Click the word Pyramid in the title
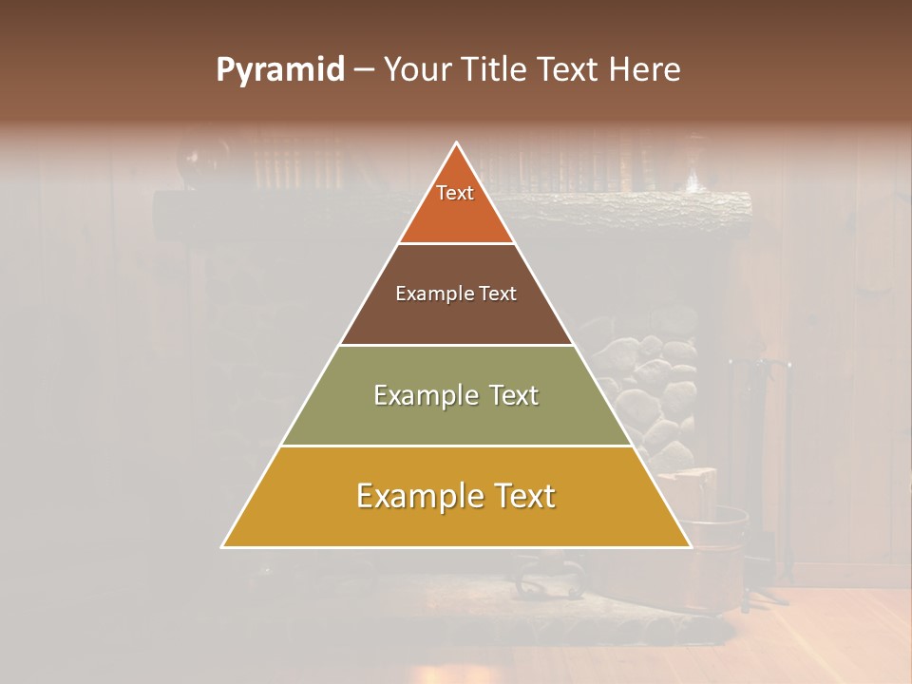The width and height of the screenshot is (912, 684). pos(279,70)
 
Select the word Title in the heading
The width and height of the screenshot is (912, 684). pos(495,70)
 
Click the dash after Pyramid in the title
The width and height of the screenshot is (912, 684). pos(364,70)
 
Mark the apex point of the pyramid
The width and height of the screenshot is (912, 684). pos(456,143)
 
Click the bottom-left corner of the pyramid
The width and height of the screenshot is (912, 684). pos(223,546)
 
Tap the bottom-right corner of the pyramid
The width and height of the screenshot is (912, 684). pos(690,546)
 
